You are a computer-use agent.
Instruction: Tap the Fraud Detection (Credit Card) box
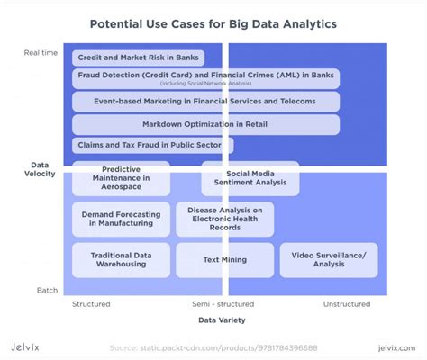pyautogui.click(x=205, y=79)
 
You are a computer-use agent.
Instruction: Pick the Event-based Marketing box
pyautogui.click(x=205, y=102)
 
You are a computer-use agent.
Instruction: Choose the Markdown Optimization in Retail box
pyautogui.click(x=205, y=124)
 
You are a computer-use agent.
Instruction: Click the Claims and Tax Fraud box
pyautogui.click(x=152, y=145)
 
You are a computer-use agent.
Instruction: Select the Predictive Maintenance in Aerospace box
pyautogui.click(x=122, y=178)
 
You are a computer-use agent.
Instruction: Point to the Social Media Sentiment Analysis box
pyautogui.click(x=250, y=178)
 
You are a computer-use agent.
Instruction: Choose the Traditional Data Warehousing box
pyautogui.click(x=122, y=260)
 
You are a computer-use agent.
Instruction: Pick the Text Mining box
pyautogui.click(x=225, y=260)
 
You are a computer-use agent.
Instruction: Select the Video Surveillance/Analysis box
pyautogui.click(x=328, y=260)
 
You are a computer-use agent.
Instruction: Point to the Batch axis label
pyautogui.click(x=48, y=290)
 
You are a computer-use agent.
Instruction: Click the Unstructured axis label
pyautogui.click(x=347, y=304)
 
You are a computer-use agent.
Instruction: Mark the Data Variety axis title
pyautogui.click(x=222, y=320)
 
